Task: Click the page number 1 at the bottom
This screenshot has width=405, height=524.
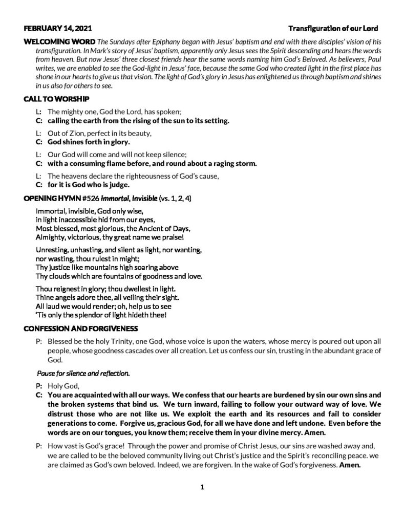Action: coord(202,487)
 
